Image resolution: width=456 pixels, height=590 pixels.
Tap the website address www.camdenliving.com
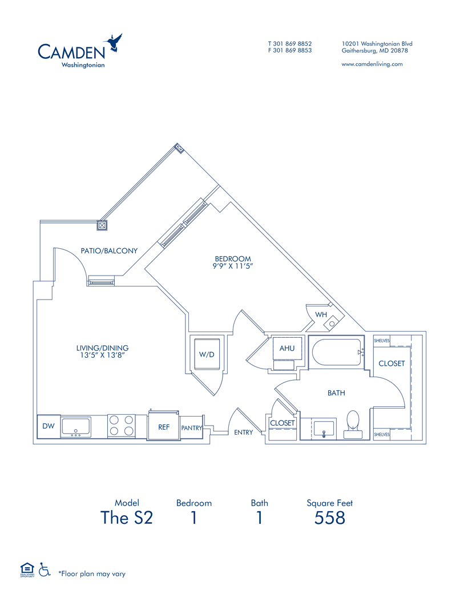[x=372, y=64]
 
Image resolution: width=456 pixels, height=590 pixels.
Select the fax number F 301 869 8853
[x=290, y=50]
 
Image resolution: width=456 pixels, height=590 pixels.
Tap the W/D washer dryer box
[x=206, y=354]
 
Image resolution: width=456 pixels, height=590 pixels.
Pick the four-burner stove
[x=121, y=426]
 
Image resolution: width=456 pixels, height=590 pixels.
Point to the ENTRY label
[x=244, y=433]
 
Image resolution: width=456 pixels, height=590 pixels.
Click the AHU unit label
[x=286, y=348]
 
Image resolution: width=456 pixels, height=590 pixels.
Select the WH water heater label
[x=321, y=314]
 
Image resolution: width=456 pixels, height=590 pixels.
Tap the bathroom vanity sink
[x=324, y=427]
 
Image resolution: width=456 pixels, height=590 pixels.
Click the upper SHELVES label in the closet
[x=382, y=341]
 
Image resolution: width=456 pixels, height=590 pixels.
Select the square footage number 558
[x=330, y=518]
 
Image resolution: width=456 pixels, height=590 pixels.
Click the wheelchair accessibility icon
[x=44, y=569]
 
